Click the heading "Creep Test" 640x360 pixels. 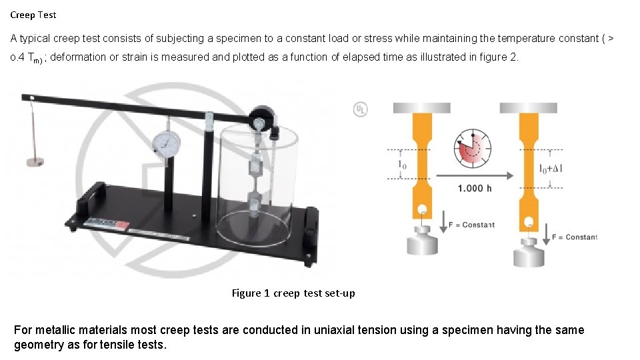coord(33,15)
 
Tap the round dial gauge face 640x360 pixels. coord(166,142)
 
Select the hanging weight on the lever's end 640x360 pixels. coord(34,161)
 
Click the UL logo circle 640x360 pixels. coord(360,109)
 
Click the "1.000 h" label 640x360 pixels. coord(475,188)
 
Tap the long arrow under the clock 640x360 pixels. coord(474,175)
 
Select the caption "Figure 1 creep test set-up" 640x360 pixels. coord(293,293)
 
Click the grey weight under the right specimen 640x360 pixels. coord(530,253)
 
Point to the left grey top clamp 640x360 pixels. coord(421,107)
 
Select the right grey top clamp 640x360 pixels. coord(529,107)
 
